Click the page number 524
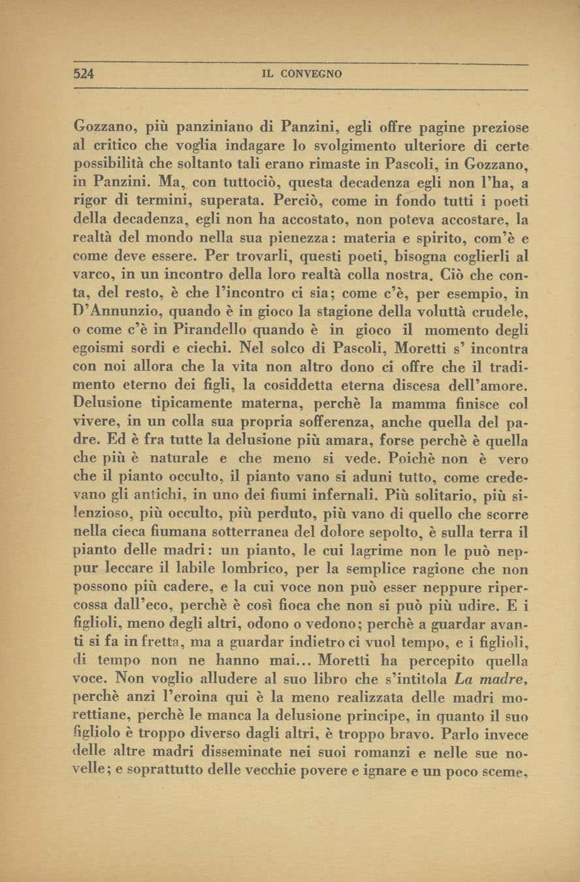click(84, 74)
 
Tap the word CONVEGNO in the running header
click(311, 74)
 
